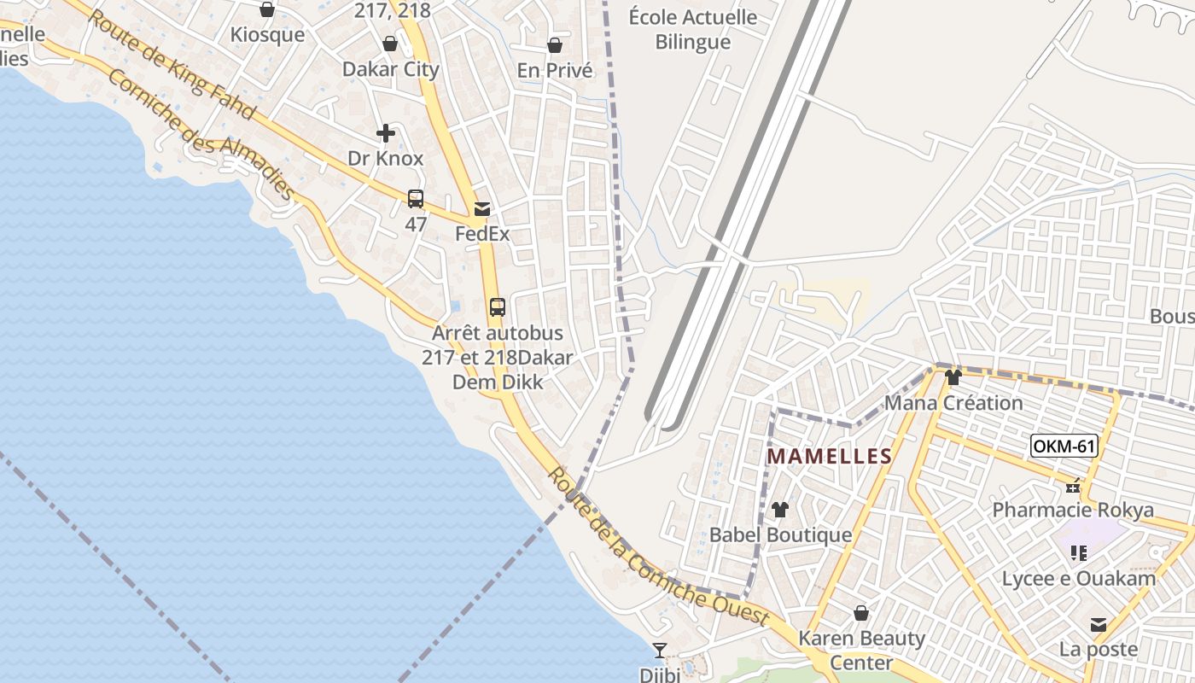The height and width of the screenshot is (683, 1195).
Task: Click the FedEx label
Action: click(482, 233)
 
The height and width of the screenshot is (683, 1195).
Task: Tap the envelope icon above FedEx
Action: click(482, 209)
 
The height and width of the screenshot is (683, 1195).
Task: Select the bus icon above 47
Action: click(416, 199)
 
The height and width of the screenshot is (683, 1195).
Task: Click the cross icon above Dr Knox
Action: click(386, 133)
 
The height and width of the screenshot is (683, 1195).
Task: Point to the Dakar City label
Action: click(391, 69)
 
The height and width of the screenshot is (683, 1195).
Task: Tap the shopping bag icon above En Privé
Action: click(555, 45)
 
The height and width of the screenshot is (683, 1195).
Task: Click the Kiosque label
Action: click(267, 35)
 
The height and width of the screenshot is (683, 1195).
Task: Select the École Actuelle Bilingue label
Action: click(692, 29)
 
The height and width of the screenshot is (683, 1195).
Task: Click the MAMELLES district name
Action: click(829, 457)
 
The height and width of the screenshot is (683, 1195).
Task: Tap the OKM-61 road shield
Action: click(1063, 446)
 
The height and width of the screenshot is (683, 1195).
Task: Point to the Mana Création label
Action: click(953, 402)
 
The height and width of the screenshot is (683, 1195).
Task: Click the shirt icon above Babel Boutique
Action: click(779, 510)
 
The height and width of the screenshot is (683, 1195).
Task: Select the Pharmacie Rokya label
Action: click(1072, 510)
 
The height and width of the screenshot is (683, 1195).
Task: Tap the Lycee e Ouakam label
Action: click(1079, 578)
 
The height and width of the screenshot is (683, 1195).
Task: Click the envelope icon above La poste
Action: click(1099, 625)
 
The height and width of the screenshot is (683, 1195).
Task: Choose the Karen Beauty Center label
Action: click(861, 650)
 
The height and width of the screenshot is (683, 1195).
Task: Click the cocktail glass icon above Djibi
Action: click(660, 651)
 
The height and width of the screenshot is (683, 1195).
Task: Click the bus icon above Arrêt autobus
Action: click(498, 307)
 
